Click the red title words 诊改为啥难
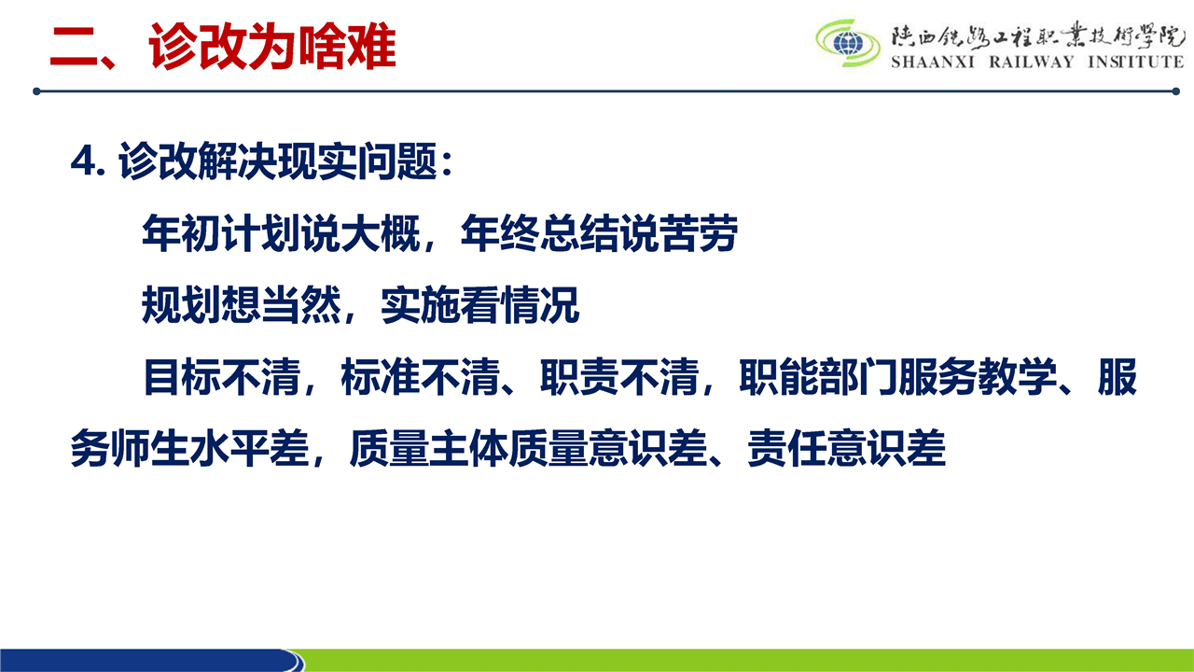coord(272,47)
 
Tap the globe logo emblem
coord(848,43)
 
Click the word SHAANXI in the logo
coord(932,62)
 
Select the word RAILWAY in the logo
coord(1032,62)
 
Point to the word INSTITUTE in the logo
coord(1136,62)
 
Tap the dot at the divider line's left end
coord(36,91)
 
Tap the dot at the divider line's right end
coord(1176,91)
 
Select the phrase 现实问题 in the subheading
coord(357,161)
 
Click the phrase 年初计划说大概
coord(281,233)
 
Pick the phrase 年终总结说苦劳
coord(599,233)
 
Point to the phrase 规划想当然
coord(242,304)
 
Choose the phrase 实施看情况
coord(480,304)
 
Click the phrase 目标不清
coord(222,376)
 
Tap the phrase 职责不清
coord(619,376)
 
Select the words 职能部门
coord(818,376)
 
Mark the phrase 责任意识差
coord(846,449)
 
